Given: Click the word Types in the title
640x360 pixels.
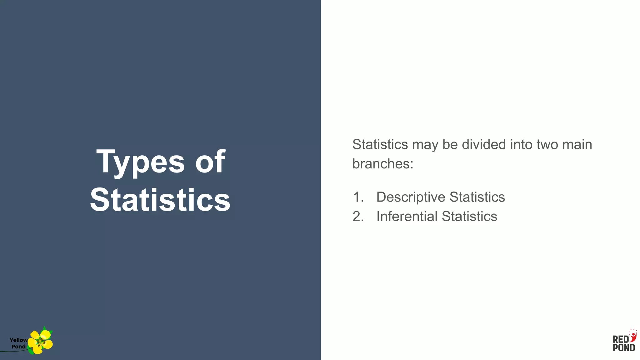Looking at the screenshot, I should point(140,162).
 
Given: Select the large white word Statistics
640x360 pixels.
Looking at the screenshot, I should point(160,200).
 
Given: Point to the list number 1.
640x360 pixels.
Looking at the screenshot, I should point(358,197).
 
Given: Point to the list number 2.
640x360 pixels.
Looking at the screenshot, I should point(358,217).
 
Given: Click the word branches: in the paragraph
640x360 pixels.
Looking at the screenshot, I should point(383,164).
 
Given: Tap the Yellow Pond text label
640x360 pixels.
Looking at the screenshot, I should point(18,343).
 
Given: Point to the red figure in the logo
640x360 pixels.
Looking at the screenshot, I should point(633,336).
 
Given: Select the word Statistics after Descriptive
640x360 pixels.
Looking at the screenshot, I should point(477,197).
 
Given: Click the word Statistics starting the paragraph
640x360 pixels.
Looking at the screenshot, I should point(380,144).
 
